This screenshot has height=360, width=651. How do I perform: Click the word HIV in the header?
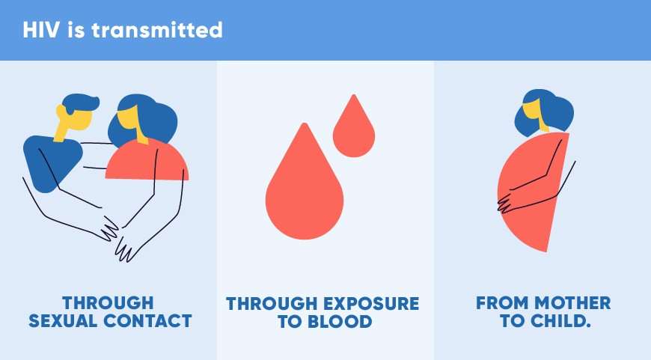click(x=40, y=30)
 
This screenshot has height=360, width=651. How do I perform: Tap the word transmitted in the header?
click(x=157, y=30)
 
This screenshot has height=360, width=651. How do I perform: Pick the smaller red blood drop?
click(x=354, y=126)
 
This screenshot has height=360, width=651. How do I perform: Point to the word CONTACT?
click(x=148, y=321)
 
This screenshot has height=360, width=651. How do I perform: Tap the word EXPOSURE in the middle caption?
click(x=371, y=304)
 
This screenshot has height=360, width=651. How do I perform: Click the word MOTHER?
click(x=572, y=302)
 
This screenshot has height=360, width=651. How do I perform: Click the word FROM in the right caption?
click(x=502, y=302)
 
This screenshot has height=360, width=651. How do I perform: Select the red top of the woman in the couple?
click(x=147, y=160)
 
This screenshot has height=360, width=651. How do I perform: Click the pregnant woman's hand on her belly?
click(x=505, y=202)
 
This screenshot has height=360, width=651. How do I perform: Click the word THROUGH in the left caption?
click(x=108, y=302)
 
